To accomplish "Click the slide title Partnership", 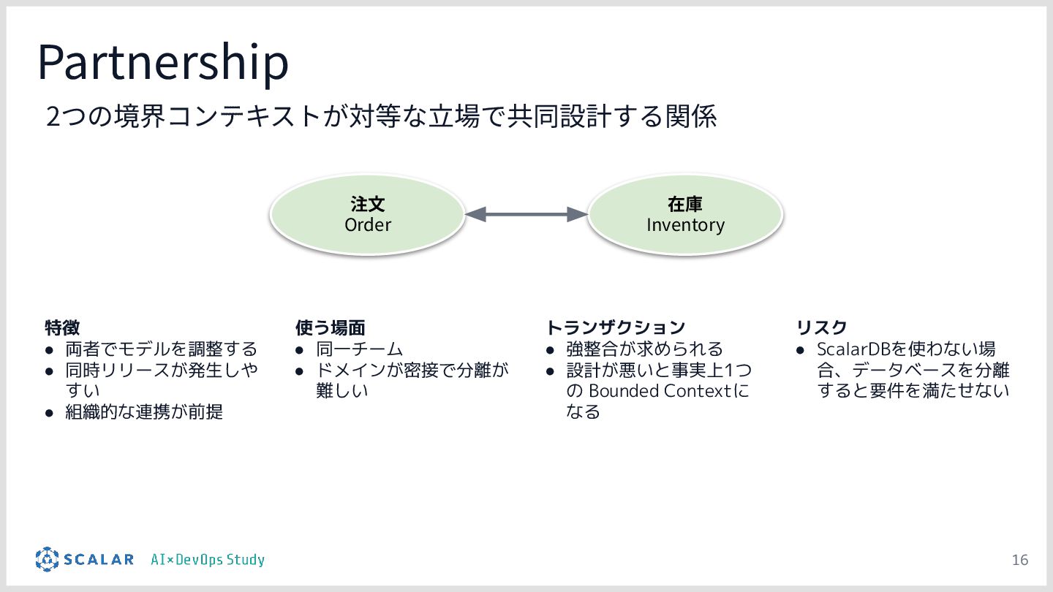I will (163, 63).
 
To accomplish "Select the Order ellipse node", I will (367, 214).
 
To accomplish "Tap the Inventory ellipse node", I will (685, 214).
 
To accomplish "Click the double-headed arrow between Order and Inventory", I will (526, 214).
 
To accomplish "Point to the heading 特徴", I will (62, 327).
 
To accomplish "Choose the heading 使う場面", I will (330, 327).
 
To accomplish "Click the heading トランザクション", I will (616, 327).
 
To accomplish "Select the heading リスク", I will (821, 327).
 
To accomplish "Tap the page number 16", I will (1019, 560).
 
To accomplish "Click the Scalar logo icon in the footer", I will (47, 559).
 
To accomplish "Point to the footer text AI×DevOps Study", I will (208, 560).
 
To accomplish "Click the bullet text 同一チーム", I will (359, 349).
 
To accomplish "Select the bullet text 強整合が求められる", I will (644, 349).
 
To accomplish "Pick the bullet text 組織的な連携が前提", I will (144, 412).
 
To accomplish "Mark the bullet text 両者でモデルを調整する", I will (161, 349).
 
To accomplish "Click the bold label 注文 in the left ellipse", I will (367, 204).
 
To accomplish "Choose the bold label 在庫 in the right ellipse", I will (685, 204).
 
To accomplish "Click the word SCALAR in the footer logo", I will (98, 560).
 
